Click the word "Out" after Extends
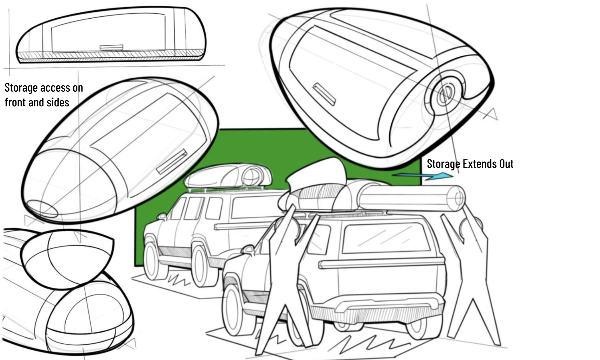pyautogui.click(x=506, y=164)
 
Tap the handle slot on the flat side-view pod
pyautogui.click(x=111, y=47)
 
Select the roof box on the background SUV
pyautogui.click(x=228, y=177)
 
